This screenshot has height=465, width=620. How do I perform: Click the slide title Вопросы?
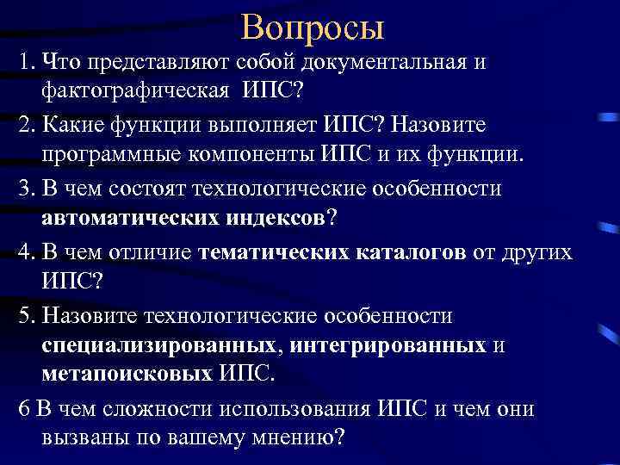tap(313, 28)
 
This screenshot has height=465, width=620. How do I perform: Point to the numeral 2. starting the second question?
tap(25, 125)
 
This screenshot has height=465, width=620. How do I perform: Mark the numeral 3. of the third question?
tap(25, 189)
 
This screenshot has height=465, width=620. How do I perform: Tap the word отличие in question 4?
tap(147, 252)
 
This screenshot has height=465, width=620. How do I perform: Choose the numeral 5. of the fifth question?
tap(25, 315)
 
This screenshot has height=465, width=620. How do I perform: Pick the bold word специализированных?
tap(158, 344)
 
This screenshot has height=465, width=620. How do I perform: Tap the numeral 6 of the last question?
tap(22, 409)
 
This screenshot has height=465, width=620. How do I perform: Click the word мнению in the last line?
tap(287, 437)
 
